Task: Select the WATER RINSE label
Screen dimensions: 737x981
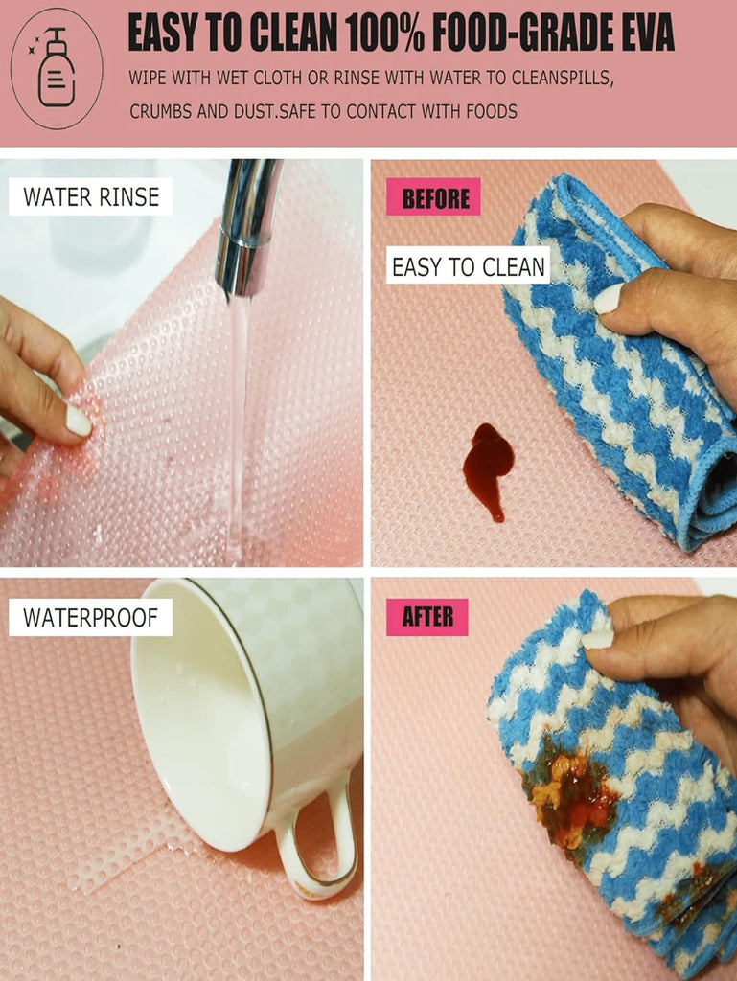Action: click(91, 197)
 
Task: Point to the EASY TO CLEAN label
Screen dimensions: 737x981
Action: click(469, 267)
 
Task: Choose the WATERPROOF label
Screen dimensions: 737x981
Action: click(91, 618)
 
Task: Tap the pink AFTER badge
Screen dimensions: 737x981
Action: click(427, 617)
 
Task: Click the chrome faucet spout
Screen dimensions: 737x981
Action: click(248, 226)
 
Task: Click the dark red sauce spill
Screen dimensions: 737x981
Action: click(488, 468)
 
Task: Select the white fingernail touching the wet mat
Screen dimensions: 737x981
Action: click(79, 421)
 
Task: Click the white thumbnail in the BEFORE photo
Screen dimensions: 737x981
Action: click(609, 299)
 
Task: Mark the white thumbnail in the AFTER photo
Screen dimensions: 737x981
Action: click(598, 639)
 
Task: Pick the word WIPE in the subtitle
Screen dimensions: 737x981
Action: click(147, 78)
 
